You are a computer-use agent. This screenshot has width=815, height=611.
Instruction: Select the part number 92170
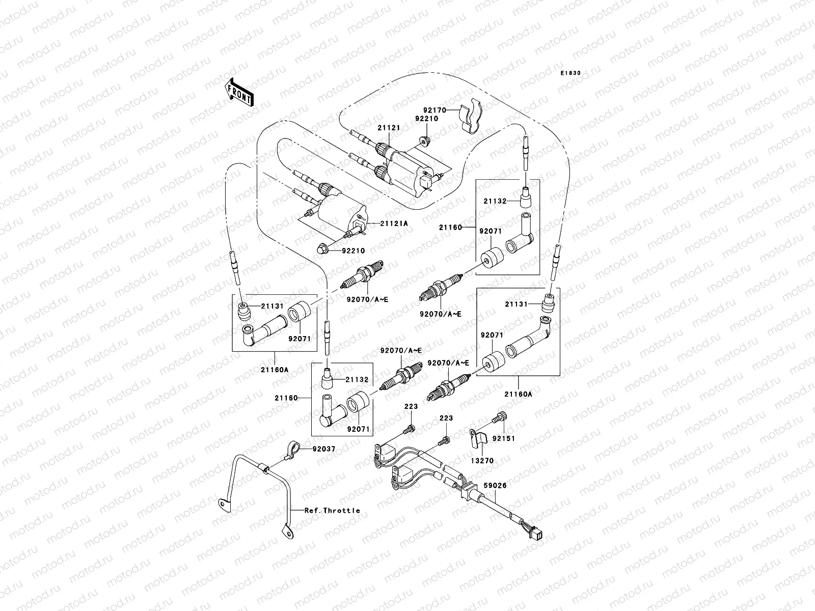point(434,109)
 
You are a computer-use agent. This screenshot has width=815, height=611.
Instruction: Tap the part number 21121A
point(391,224)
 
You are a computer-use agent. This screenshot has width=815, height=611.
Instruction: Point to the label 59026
point(495,486)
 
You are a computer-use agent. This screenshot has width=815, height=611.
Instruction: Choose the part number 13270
point(482,461)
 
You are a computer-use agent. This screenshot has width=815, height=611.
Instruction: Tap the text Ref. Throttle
point(332,510)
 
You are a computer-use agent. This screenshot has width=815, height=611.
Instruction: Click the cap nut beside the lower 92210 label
point(322,248)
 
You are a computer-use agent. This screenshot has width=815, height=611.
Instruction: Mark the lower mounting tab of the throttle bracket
point(288,534)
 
